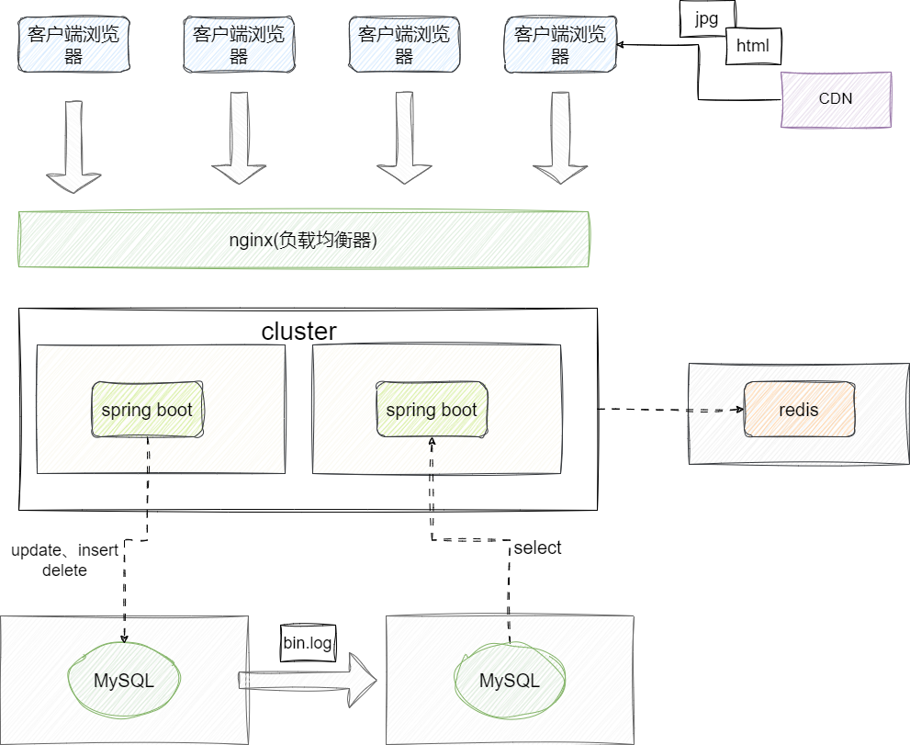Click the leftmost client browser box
73,45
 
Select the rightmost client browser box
560,45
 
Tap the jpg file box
706,17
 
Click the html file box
753,46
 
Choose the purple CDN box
836,98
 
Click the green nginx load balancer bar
303,240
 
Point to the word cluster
299,332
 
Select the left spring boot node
147,409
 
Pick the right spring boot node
432,409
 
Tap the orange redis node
799,410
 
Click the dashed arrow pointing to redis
670,410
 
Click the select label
537,548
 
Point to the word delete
64,570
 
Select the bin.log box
308,643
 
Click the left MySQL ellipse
124,681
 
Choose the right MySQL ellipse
510,681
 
